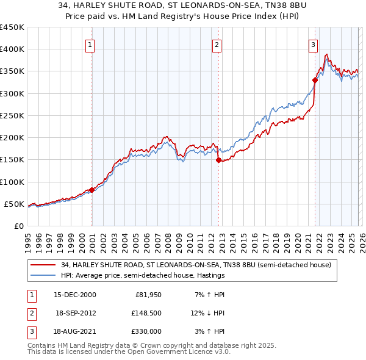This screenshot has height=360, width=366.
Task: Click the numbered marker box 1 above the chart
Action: click(90, 44)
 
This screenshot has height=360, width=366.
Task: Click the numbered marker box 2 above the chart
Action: click(217, 44)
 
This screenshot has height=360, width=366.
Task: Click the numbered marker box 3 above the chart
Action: click(312, 44)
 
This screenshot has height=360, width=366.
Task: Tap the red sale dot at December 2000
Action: click(92, 190)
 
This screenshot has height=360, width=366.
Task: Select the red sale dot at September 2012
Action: click(218, 160)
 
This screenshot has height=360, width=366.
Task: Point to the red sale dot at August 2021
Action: click(315, 80)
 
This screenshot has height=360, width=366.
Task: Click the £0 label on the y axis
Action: click(19, 226)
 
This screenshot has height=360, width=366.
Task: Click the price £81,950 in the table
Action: click(148, 295)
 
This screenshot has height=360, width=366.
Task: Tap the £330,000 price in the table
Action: click(146, 331)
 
